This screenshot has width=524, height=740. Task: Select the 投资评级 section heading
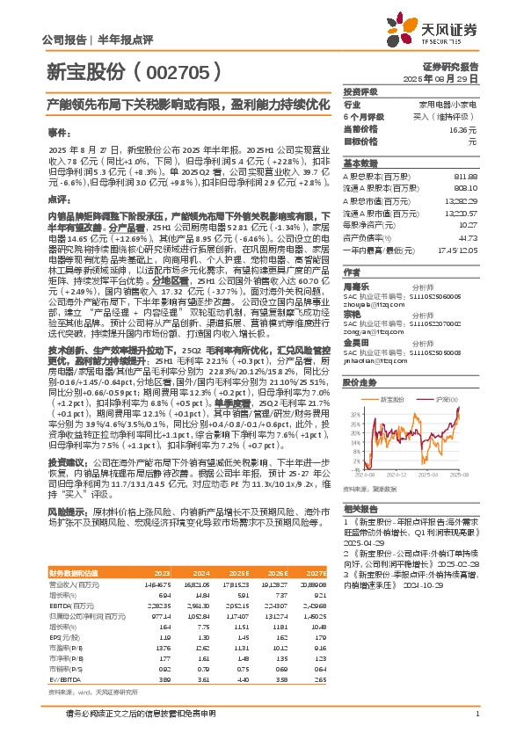tap(360, 91)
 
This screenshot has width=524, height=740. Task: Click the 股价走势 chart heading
tap(359, 383)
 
